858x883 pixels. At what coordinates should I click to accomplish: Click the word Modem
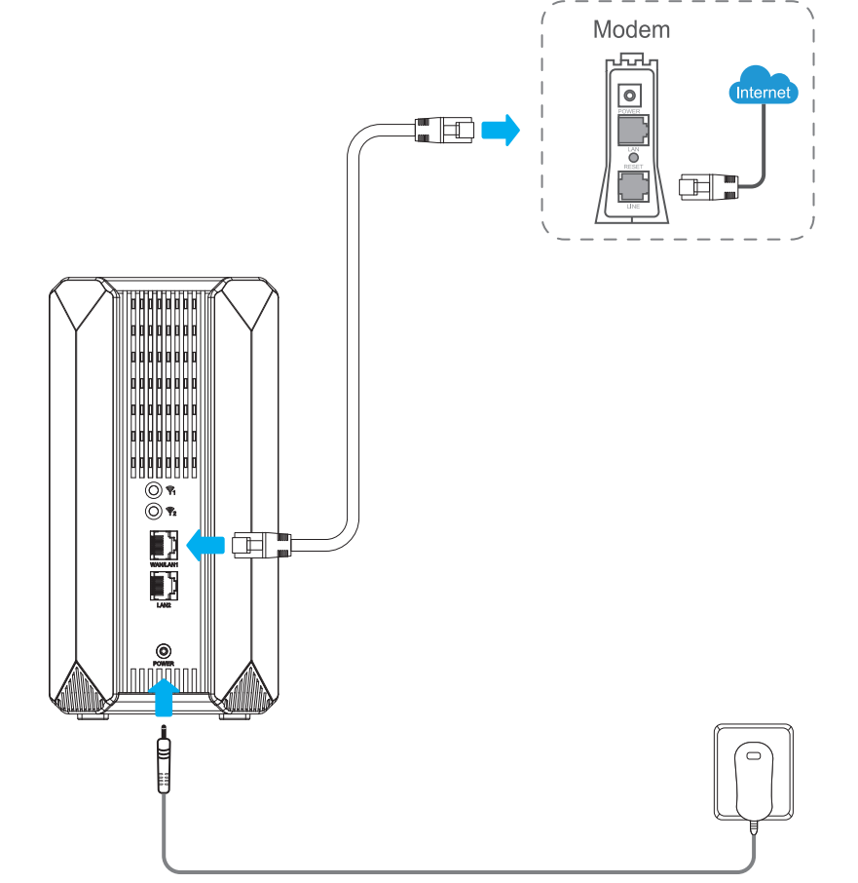tap(631, 29)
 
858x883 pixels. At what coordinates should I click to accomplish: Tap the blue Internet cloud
tap(764, 91)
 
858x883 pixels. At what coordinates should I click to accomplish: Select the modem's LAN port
tap(632, 130)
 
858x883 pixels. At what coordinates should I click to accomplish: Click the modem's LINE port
tap(632, 188)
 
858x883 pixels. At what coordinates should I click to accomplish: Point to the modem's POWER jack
tap(631, 96)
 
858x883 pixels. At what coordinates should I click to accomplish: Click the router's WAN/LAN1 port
tap(163, 545)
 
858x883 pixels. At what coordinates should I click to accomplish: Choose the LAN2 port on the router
tap(163, 586)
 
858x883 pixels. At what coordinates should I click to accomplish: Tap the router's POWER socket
tap(164, 650)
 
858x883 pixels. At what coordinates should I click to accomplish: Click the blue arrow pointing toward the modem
tap(502, 129)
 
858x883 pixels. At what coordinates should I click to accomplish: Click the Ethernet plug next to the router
tap(261, 544)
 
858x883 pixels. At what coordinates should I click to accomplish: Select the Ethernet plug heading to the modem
tap(444, 129)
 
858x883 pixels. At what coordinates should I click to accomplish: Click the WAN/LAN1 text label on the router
tap(163, 565)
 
